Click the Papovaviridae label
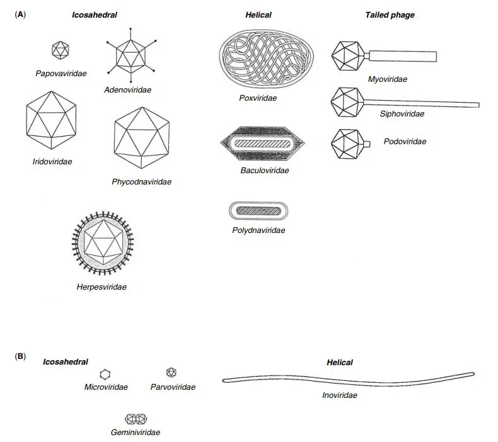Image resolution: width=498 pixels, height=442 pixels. (x=61, y=74)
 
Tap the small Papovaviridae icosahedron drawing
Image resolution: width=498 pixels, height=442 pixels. (x=61, y=49)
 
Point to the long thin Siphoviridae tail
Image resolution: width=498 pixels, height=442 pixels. (x=423, y=102)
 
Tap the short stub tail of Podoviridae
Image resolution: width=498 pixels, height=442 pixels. (x=366, y=144)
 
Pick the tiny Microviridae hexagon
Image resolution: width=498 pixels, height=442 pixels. (x=105, y=375)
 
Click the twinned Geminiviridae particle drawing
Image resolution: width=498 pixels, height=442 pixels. (x=136, y=419)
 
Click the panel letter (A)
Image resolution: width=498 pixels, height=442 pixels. (x=20, y=13)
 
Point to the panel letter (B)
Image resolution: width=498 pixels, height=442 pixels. (x=20, y=356)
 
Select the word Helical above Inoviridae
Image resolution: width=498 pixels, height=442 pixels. (x=340, y=363)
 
